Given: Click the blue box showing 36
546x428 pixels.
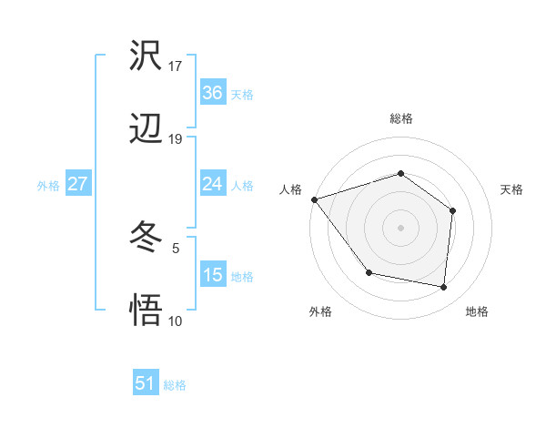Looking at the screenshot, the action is click(212, 93).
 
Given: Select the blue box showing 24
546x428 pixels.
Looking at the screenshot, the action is click(212, 184).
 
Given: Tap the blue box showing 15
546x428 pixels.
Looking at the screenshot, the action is click(212, 275).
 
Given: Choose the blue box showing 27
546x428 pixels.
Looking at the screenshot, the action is click(77, 184).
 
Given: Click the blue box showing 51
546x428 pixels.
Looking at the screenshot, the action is click(146, 383).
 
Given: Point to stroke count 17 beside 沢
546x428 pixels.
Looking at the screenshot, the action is click(176, 66).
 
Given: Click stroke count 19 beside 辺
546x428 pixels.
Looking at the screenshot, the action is click(176, 138).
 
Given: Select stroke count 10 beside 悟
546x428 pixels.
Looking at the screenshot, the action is click(176, 321).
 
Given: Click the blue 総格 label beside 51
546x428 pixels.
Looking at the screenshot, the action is click(175, 385).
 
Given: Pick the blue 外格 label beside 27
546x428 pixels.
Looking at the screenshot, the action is click(48, 186).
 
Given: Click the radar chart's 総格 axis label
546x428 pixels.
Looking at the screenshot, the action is click(400, 118).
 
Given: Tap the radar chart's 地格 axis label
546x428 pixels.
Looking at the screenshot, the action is click(477, 311).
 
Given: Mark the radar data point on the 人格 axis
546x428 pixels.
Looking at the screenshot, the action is click(314, 199).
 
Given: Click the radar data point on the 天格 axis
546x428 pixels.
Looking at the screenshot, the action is click(452, 210).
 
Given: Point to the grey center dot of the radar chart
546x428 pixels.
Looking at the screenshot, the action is click(400, 227).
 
